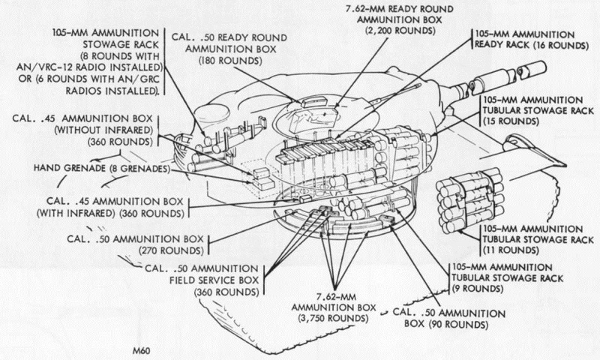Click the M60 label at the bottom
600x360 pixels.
(x=142, y=351)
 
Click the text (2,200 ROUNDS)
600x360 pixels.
(x=400, y=31)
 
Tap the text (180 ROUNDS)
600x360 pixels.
(x=230, y=61)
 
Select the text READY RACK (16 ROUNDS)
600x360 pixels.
(x=532, y=45)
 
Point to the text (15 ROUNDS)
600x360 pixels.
(x=511, y=121)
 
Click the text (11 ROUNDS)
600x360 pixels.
(x=511, y=250)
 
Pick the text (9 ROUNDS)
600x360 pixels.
(x=478, y=289)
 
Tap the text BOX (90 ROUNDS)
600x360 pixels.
(x=446, y=325)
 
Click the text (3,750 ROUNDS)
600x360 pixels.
(x=333, y=318)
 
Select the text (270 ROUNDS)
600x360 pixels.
(x=171, y=250)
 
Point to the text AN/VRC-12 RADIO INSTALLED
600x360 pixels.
(x=88, y=67)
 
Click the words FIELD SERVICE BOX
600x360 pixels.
(x=214, y=280)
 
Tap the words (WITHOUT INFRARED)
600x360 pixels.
(x=103, y=130)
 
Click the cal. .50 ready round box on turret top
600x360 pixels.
(x=313, y=102)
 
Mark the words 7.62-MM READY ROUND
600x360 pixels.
(x=400, y=8)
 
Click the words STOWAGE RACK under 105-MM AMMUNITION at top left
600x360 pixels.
(x=121, y=44)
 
